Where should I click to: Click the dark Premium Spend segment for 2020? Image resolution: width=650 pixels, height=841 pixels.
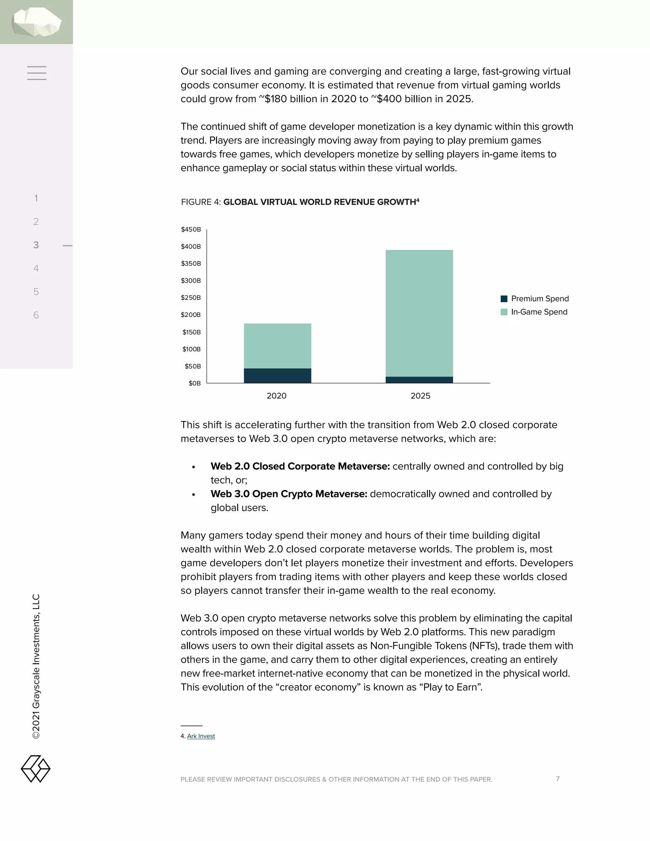pyautogui.click(x=277, y=375)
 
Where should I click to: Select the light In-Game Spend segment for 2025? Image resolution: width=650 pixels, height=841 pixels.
pyautogui.click(x=419, y=313)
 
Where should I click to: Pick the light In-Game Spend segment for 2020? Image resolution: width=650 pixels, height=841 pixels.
pyautogui.click(x=277, y=346)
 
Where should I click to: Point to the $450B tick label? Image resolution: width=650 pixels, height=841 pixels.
pyautogui.click(x=191, y=229)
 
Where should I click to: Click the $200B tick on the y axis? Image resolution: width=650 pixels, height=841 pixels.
pyautogui.click(x=191, y=315)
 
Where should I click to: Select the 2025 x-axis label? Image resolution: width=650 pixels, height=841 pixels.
pyautogui.click(x=420, y=396)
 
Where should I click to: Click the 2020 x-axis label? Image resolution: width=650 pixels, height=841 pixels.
pyautogui.click(x=276, y=396)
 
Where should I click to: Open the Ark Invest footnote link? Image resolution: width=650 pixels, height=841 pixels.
pyautogui.click(x=201, y=736)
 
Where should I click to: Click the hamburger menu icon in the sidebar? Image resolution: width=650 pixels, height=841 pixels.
pyautogui.click(x=36, y=73)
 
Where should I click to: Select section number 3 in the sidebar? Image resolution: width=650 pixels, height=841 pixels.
pyautogui.click(x=36, y=245)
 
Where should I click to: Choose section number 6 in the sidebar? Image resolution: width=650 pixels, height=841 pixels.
pyautogui.click(x=36, y=315)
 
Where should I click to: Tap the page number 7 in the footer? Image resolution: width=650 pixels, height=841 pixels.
pyautogui.click(x=558, y=778)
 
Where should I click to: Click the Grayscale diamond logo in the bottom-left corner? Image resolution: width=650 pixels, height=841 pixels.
pyautogui.click(x=36, y=769)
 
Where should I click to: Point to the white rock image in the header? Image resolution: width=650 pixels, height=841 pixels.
pyautogui.click(x=36, y=22)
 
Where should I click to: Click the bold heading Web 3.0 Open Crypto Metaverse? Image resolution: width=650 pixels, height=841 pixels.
pyautogui.click(x=289, y=494)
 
